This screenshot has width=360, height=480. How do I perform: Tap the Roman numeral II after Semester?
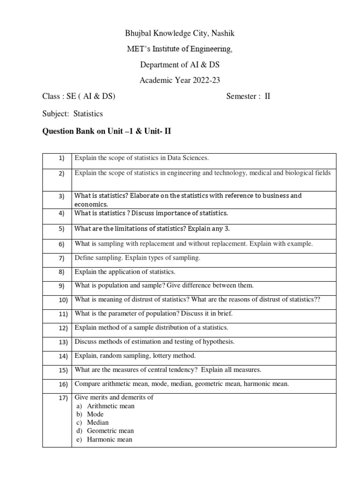268,97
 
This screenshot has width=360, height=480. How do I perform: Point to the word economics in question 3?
91,204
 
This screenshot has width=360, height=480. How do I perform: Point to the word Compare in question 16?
87,384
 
